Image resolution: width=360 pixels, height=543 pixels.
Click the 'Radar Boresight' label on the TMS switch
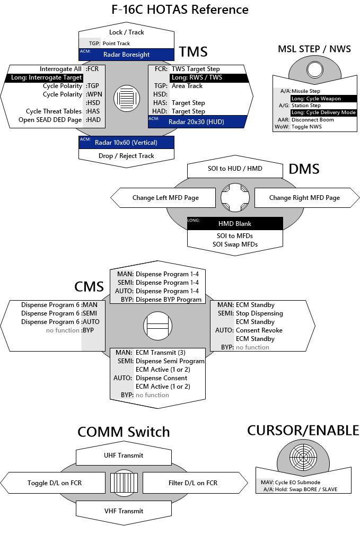click(126, 55)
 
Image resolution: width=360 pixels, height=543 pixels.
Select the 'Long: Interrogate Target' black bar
click(47, 77)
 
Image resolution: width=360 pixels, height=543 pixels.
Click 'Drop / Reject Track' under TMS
click(126, 155)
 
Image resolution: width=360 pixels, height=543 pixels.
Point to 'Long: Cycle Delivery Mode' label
click(323, 112)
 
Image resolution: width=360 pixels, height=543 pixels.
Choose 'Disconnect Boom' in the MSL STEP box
click(313, 120)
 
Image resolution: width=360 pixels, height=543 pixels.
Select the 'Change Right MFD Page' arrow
click(304, 198)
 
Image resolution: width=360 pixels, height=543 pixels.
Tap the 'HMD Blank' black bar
click(235, 224)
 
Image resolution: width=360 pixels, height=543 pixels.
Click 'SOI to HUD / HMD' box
click(235, 169)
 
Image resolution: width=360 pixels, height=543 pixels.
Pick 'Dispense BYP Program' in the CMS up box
click(169, 300)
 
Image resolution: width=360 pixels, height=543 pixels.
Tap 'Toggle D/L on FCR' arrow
click(55, 483)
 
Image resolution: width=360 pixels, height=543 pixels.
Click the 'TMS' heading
click(193, 51)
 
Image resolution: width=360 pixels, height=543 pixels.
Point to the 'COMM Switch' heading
click(124, 432)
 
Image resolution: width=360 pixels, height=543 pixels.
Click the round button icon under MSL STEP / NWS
click(314, 69)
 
